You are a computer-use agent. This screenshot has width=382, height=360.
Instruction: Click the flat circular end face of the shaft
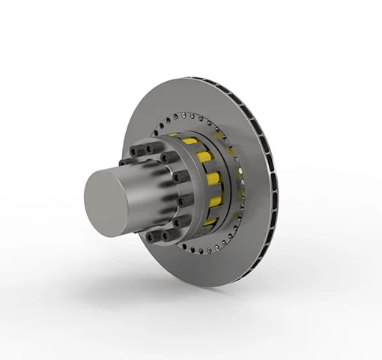[x=109, y=201]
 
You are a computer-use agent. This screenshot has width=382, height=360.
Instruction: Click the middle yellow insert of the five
[x=214, y=178]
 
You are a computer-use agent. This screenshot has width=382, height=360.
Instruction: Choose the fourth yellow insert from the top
[x=215, y=201]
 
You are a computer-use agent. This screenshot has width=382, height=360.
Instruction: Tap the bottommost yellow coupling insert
[x=209, y=220]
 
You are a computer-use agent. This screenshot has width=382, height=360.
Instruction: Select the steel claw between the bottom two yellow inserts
[x=213, y=211]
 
